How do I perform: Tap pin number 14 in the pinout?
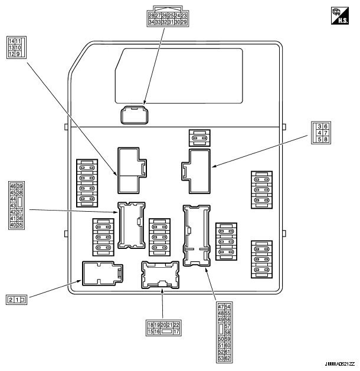point(11,41)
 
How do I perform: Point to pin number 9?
point(18,54)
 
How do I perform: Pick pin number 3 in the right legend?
point(319,126)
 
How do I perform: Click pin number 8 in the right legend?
point(326,140)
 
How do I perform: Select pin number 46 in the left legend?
point(13,186)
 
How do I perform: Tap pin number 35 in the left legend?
point(20,225)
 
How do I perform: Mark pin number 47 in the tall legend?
point(221,307)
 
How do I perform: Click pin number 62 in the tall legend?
point(228,358)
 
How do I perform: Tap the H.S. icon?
point(342,15)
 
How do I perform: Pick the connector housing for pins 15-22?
point(160,274)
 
